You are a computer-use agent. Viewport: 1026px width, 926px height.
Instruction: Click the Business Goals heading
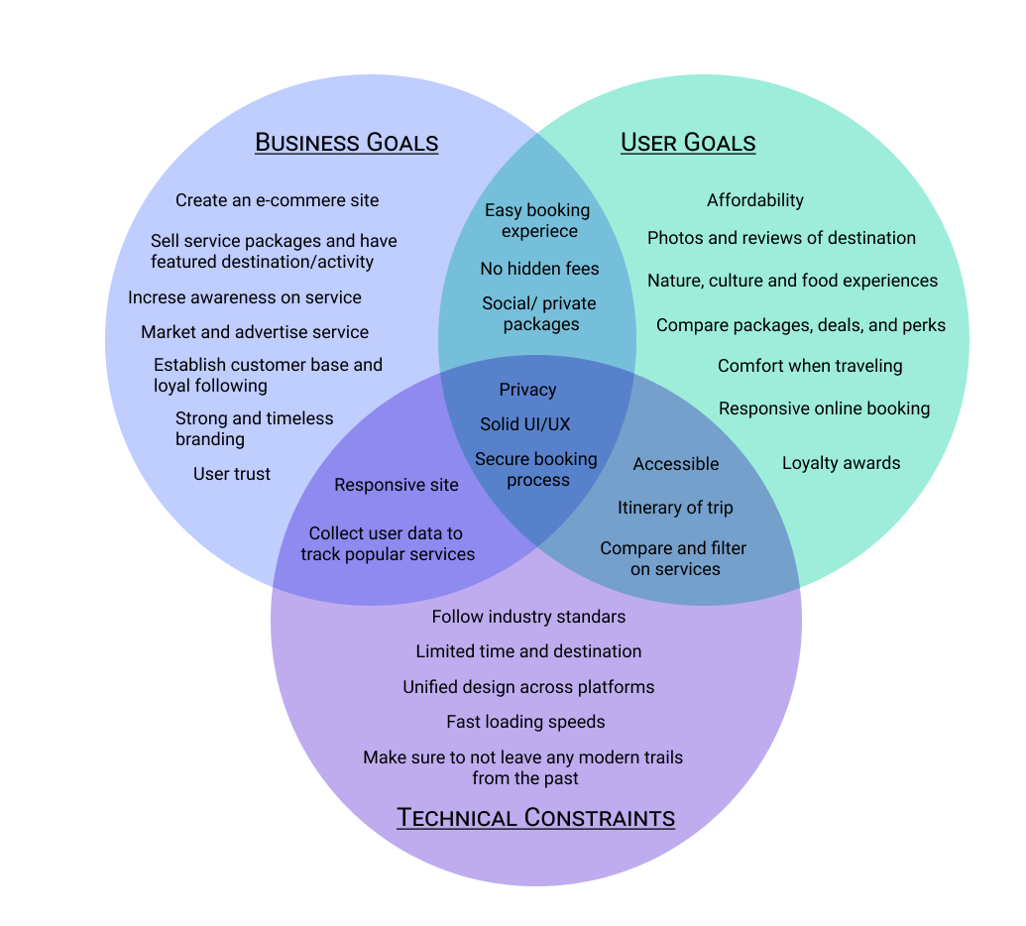pos(347,143)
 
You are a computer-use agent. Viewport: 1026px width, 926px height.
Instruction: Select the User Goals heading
pos(688,143)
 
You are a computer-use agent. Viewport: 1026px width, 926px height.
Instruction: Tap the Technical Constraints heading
pos(535,818)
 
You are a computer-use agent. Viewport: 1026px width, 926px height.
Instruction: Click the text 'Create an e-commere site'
pos(278,200)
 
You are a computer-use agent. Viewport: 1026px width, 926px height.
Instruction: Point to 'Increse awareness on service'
pos(245,297)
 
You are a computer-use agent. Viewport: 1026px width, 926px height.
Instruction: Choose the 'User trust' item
pos(232,474)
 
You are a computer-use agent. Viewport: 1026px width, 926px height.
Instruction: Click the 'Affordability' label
pos(755,200)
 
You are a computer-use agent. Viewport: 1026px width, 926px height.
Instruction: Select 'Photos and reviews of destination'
pos(781,238)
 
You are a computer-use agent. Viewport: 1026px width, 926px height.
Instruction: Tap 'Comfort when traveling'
pos(810,366)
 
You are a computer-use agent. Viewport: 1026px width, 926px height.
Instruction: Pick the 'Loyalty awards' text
pos(841,463)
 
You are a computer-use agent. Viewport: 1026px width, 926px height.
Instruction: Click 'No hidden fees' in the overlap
pos(539,269)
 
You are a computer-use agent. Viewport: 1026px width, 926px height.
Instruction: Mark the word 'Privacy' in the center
pos(527,390)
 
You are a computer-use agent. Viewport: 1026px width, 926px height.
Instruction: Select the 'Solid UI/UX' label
pos(525,424)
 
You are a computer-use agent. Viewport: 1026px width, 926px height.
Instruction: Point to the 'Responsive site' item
pos(397,485)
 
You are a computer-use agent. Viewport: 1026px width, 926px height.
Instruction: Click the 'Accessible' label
pos(676,464)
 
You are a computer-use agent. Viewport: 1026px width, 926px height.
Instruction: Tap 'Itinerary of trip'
pos(675,508)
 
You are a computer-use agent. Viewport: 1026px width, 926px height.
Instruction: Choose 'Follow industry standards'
pos(528,617)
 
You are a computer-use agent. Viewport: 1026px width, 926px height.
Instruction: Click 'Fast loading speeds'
pos(525,722)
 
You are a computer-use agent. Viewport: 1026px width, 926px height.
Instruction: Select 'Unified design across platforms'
pos(528,687)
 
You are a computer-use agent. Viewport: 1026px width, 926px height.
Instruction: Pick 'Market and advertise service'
pos(255,332)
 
